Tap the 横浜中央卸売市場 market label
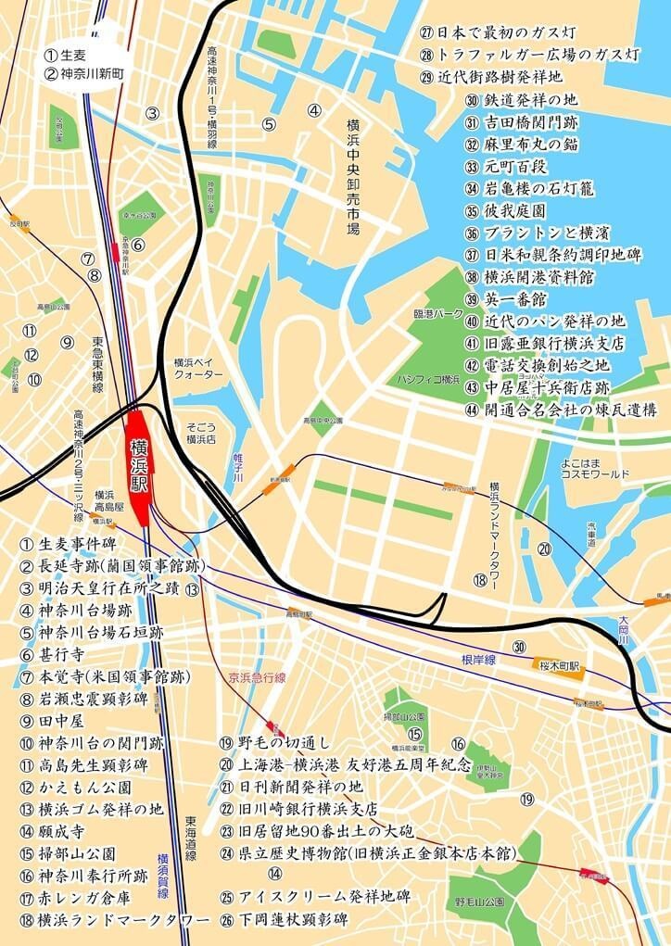(x=352, y=176)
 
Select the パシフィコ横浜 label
(x=428, y=380)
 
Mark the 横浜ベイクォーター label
(x=198, y=368)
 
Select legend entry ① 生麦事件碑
(x=70, y=544)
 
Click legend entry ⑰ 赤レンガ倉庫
(x=74, y=898)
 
